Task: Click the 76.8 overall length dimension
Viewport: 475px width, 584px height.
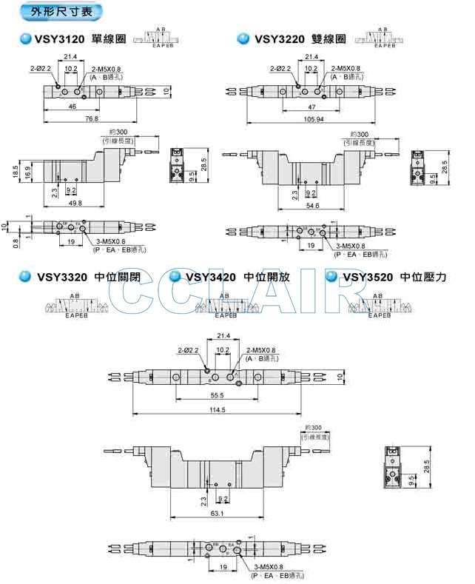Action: pos(90,118)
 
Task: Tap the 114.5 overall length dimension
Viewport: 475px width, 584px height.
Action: pos(217,411)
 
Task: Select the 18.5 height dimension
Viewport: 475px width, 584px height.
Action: pos(16,172)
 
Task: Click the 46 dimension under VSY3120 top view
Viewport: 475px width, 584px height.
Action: pos(72,107)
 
